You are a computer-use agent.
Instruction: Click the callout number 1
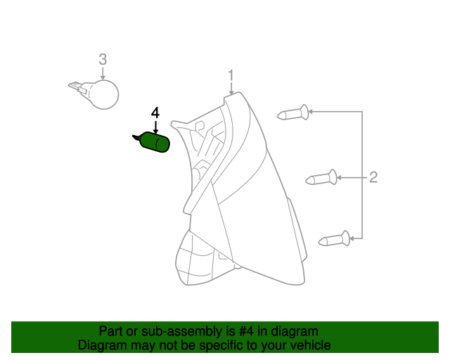click(231, 75)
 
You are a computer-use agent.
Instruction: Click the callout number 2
click(373, 176)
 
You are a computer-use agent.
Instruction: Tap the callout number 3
click(103, 59)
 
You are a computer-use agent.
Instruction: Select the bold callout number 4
click(155, 112)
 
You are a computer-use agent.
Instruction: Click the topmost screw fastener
click(295, 112)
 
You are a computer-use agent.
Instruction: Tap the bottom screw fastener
click(335, 240)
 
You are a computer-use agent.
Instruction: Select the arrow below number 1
click(231, 90)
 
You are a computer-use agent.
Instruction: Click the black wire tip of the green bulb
click(136, 137)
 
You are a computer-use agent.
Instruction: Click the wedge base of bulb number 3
click(77, 88)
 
